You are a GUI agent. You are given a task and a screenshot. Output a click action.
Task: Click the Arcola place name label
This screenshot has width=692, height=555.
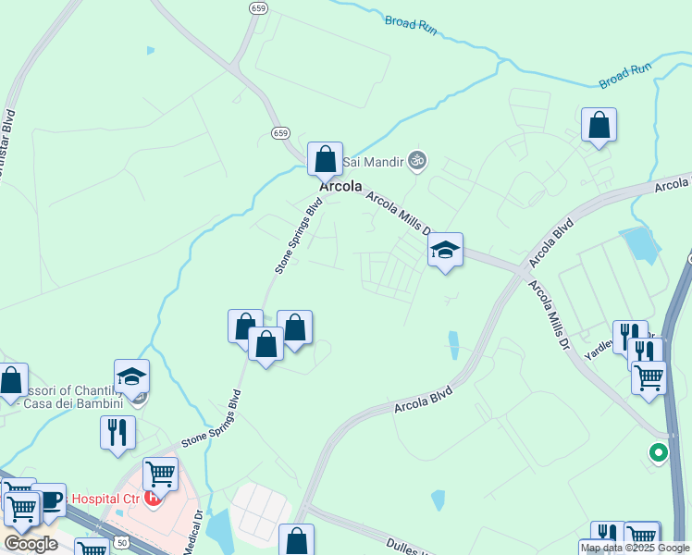click(x=340, y=186)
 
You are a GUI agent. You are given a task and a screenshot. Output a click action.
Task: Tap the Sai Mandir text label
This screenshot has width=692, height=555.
click(x=374, y=163)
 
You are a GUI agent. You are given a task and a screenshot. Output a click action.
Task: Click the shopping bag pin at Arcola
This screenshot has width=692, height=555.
click(x=325, y=159)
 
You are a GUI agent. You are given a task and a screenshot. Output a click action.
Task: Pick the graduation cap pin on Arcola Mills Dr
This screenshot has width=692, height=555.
click(x=445, y=250)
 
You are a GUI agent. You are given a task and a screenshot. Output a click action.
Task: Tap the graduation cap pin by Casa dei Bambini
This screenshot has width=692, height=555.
click(x=131, y=376)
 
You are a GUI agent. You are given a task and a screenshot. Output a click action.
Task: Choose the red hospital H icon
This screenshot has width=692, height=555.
click(x=153, y=497)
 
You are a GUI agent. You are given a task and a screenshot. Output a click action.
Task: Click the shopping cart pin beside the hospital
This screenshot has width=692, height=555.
click(x=161, y=475)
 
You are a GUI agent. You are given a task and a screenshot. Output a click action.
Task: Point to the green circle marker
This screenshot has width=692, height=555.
click(x=658, y=452)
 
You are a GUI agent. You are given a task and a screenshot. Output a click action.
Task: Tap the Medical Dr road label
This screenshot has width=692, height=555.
click(x=196, y=526)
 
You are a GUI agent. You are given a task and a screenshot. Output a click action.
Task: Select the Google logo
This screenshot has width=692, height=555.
click(x=31, y=544)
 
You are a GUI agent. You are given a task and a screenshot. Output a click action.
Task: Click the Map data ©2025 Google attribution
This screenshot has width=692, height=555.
click(x=635, y=548)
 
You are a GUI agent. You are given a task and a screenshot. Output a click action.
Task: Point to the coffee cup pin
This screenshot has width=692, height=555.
click(x=48, y=499)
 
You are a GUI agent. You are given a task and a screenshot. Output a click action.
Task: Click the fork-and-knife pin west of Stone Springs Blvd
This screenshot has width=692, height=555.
click(x=117, y=432)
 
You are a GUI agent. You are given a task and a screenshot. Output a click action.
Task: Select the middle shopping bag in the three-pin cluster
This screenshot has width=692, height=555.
click(x=266, y=344)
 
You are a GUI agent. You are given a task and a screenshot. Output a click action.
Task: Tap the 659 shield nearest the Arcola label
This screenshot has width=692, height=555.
click(x=280, y=133)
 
